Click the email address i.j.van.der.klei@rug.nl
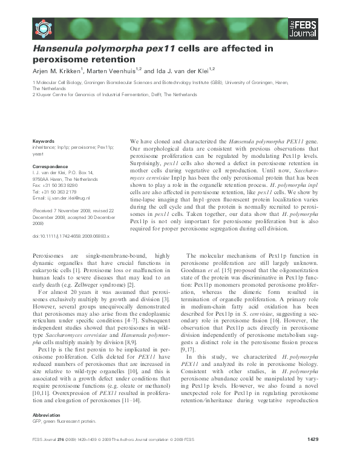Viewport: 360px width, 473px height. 69,198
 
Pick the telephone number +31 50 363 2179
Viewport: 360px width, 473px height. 62,192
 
